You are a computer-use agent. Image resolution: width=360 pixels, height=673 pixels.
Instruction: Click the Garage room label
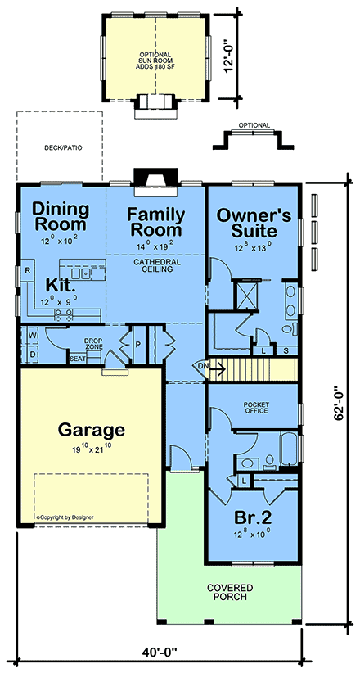coord(91,429)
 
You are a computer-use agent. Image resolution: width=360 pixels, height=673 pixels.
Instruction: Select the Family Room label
coord(154,223)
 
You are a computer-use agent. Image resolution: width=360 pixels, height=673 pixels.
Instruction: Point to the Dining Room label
coord(60,216)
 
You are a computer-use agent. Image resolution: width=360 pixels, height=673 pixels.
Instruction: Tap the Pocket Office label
coord(256,409)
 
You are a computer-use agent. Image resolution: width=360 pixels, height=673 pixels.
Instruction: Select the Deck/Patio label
coord(60,149)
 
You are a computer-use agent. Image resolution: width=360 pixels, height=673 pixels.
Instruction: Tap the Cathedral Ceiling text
coord(155,265)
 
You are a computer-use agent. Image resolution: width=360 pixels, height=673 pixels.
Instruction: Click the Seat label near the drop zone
coord(78,359)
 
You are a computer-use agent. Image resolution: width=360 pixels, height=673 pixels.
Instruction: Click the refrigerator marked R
coord(27,269)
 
